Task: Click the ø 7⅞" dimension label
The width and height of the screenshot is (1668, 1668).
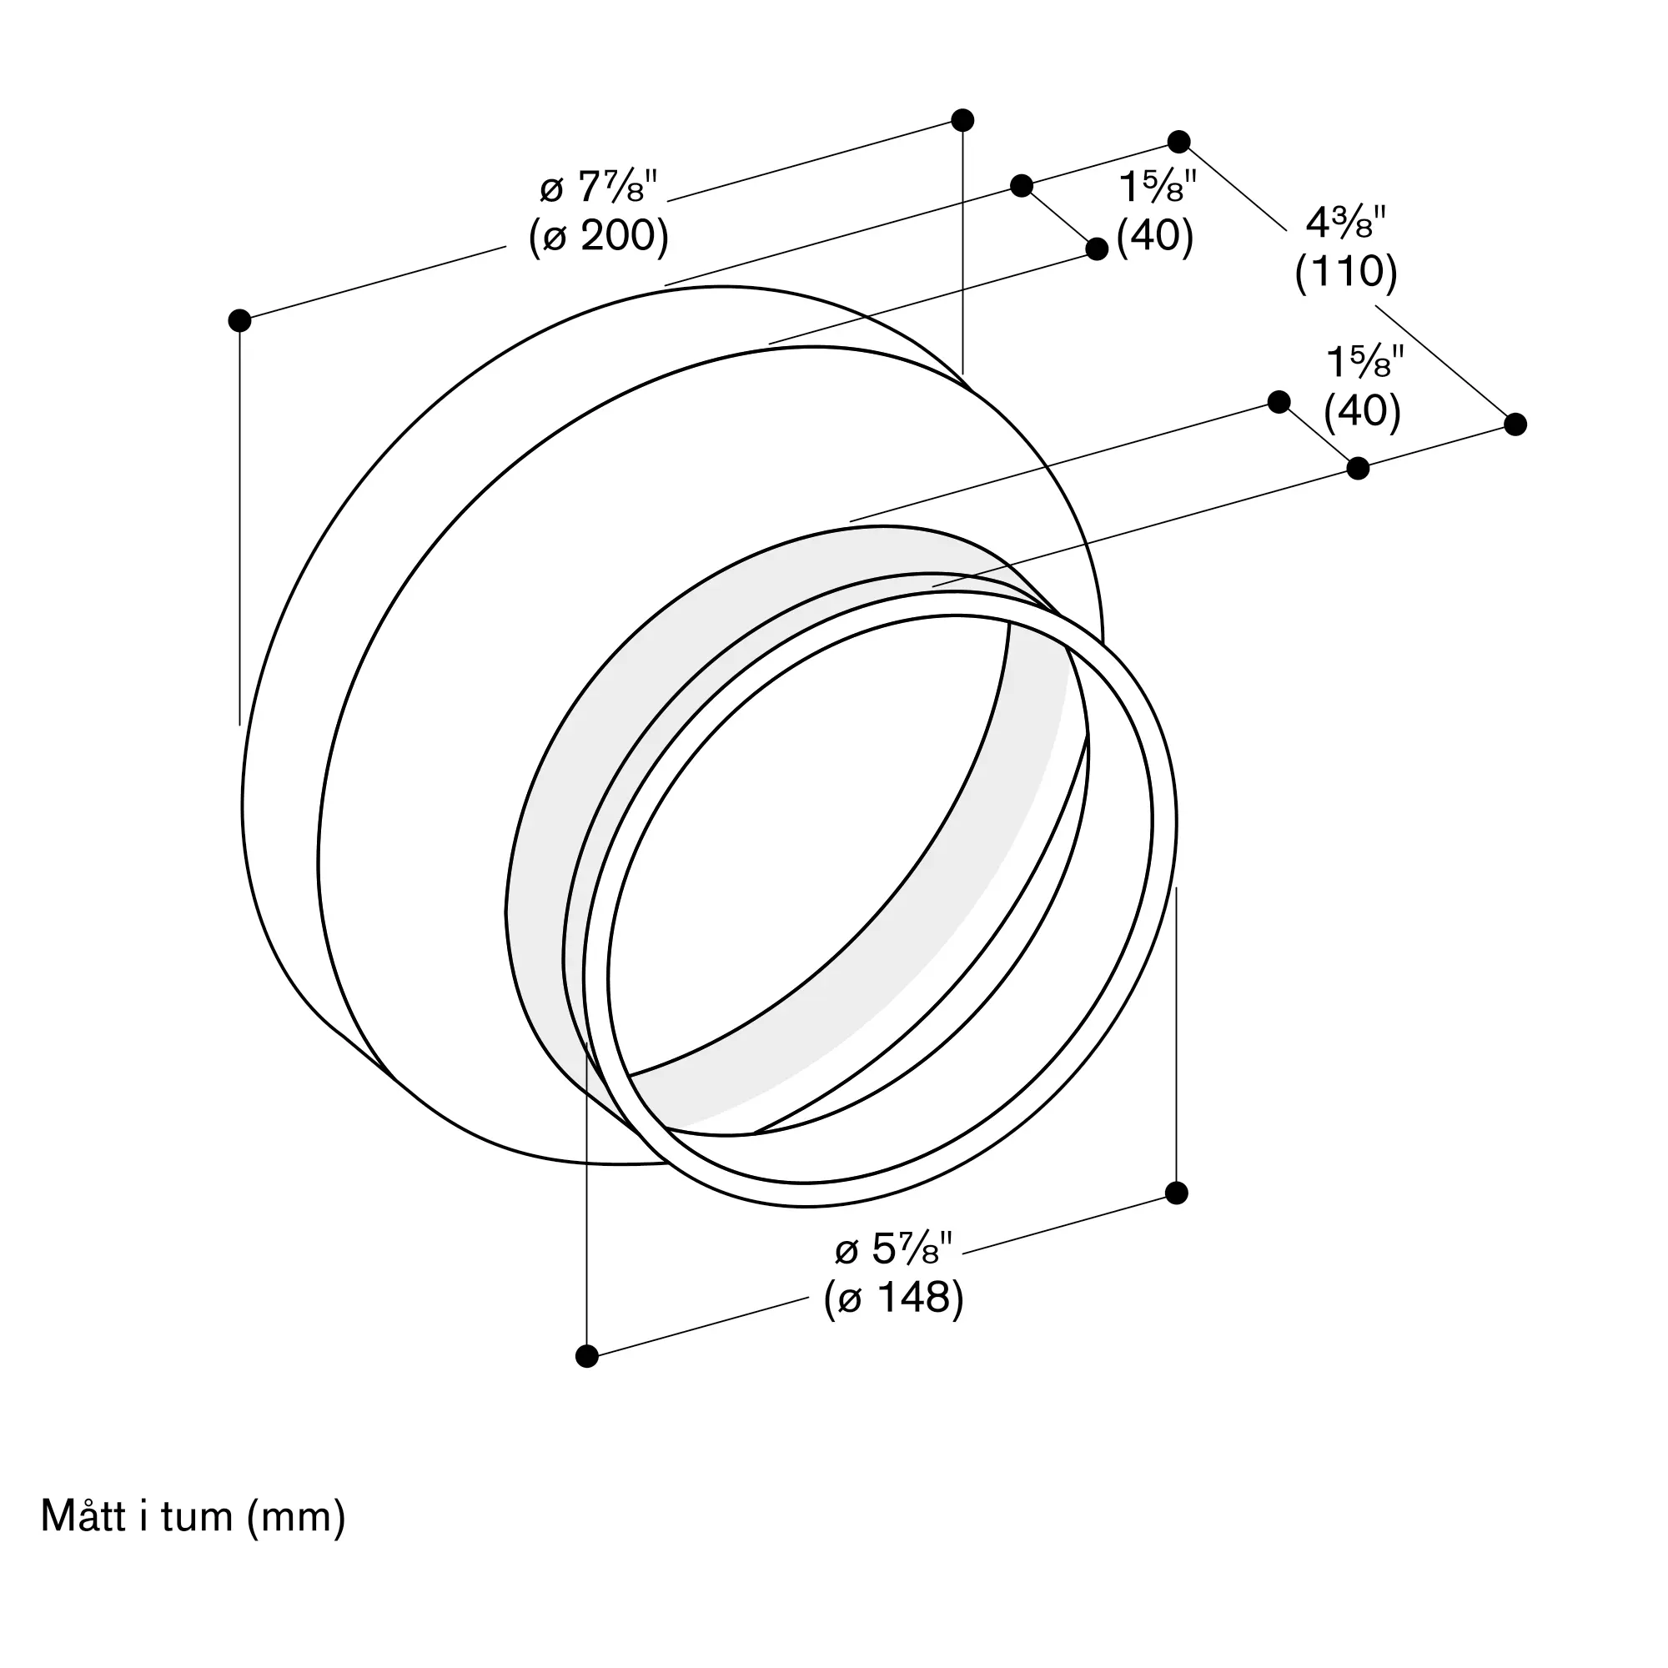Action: pyautogui.click(x=598, y=187)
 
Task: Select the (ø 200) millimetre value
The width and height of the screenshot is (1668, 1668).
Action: pyautogui.click(x=598, y=235)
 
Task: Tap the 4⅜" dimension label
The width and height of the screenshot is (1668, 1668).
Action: pyautogui.click(x=1345, y=223)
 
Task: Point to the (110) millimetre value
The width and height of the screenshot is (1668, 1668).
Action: pyautogui.click(x=1346, y=271)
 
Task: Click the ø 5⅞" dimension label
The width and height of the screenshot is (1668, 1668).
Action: pyautogui.click(x=893, y=1248)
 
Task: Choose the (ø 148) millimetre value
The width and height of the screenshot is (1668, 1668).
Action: pyautogui.click(x=893, y=1297)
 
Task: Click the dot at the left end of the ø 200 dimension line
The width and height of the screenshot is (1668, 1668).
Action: pyautogui.click(x=239, y=320)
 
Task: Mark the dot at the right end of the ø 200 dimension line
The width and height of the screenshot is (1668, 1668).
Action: pyautogui.click(x=962, y=120)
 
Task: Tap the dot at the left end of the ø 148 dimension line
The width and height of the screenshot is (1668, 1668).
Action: pyautogui.click(x=586, y=1356)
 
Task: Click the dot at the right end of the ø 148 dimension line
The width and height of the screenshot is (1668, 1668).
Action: pyautogui.click(x=1176, y=1193)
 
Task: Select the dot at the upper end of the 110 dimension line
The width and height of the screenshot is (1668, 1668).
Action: pyautogui.click(x=1178, y=142)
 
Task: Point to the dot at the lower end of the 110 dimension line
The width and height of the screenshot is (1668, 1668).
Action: pyautogui.click(x=1515, y=424)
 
